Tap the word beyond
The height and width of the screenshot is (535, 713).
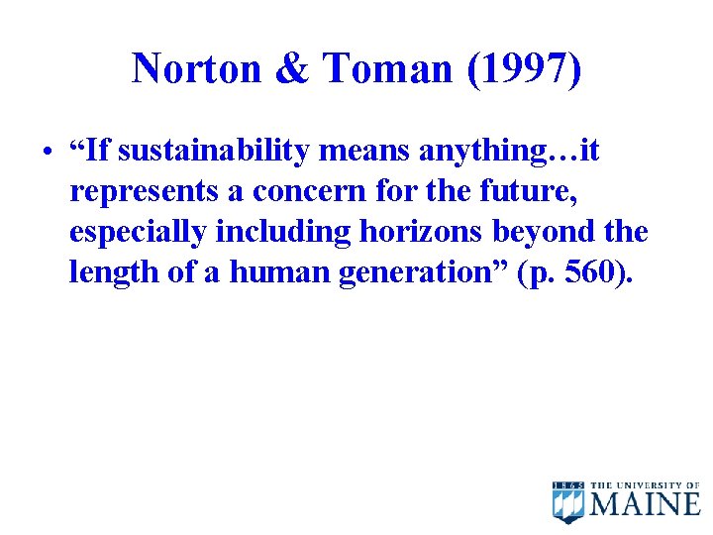[538, 233]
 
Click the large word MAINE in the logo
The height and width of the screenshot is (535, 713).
[646, 504]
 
